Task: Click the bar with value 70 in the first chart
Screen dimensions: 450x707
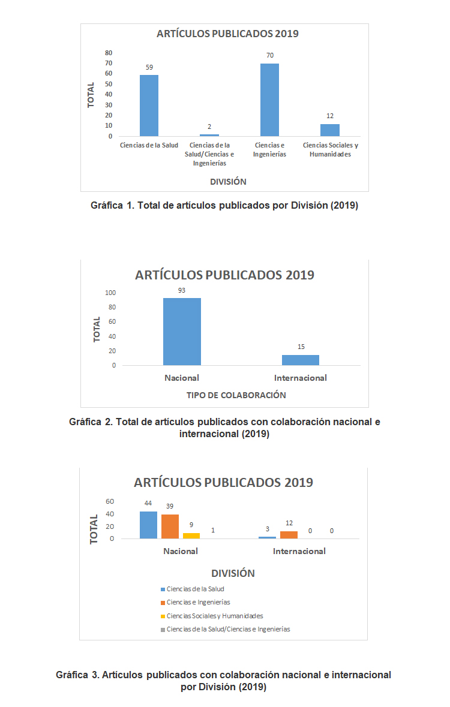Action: click(x=269, y=100)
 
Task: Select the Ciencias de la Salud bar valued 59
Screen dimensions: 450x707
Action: click(x=149, y=106)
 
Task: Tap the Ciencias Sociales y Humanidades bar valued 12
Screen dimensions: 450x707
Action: click(x=329, y=130)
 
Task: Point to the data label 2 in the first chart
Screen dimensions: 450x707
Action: click(x=209, y=127)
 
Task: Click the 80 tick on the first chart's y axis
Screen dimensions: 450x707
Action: click(x=109, y=53)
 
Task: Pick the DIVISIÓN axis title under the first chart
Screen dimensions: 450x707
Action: click(x=228, y=181)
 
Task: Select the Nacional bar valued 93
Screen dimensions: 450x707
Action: click(x=182, y=332)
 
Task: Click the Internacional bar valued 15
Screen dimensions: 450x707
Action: click(x=301, y=360)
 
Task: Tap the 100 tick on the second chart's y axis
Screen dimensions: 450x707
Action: click(x=110, y=293)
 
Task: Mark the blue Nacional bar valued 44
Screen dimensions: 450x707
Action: click(x=148, y=525)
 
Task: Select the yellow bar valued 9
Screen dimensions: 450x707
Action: click(x=191, y=535)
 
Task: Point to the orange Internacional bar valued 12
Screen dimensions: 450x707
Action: click(x=289, y=535)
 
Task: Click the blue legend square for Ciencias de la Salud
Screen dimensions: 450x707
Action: click(x=163, y=589)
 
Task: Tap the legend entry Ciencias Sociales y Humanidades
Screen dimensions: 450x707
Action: click(x=215, y=616)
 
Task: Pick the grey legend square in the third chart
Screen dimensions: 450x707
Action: click(x=163, y=629)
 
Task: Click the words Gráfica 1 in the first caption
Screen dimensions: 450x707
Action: click(x=107, y=206)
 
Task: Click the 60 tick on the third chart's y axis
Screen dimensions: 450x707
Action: click(x=110, y=501)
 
